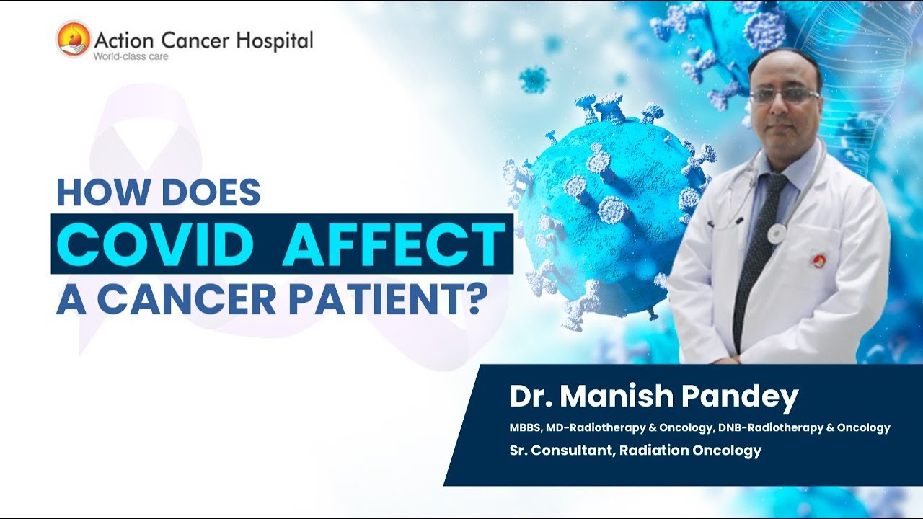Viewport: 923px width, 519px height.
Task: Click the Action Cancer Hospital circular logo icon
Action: [x=74, y=39]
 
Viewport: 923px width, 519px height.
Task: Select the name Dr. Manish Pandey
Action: [x=654, y=397]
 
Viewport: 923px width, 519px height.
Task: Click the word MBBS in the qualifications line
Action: [x=525, y=427]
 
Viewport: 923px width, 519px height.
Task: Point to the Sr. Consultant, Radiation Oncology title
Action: [x=635, y=451]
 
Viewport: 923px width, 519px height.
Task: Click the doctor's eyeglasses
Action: [x=784, y=95]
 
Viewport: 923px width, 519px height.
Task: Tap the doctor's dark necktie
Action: [x=755, y=252]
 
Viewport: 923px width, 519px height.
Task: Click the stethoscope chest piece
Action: [x=776, y=233]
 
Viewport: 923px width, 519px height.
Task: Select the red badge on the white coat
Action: [x=818, y=260]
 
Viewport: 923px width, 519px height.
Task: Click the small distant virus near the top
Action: [x=534, y=79]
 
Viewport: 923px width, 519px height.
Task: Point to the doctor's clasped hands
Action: [x=743, y=358]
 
